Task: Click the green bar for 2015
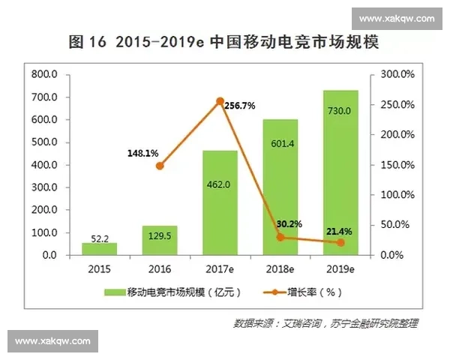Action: click(99, 249)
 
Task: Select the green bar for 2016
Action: click(160, 240)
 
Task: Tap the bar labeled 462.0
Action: click(220, 202)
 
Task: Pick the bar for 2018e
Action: click(280, 187)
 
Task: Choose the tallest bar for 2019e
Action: click(340, 172)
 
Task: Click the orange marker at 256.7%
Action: click(220, 101)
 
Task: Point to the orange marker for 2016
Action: click(160, 166)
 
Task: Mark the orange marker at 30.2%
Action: click(280, 237)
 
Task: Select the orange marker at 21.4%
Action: click(340, 242)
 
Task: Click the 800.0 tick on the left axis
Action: click(44, 75)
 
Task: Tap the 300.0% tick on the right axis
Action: click(397, 75)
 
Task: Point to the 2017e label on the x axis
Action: click(220, 268)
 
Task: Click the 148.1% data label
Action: click(142, 153)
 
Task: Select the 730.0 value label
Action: click(340, 111)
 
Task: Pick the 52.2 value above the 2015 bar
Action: click(99, 238)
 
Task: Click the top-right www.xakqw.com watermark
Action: click(397, 18)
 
